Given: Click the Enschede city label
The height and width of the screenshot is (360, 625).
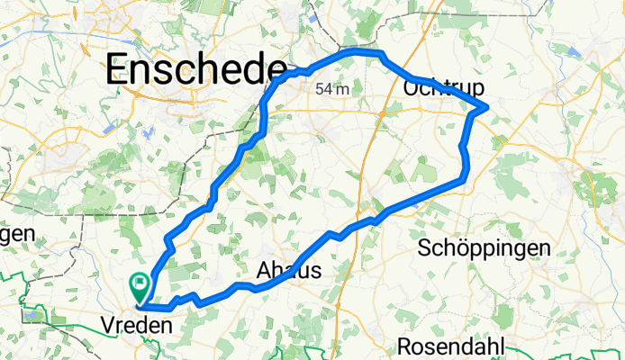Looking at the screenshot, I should (196, 68).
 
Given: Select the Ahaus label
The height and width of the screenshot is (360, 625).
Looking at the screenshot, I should (289, 271).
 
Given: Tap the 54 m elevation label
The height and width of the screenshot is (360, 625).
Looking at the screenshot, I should (332, 89).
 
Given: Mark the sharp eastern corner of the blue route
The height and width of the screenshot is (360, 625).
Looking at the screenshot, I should (487, 108).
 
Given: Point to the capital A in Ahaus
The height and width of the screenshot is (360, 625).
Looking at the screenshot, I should (266, 271).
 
